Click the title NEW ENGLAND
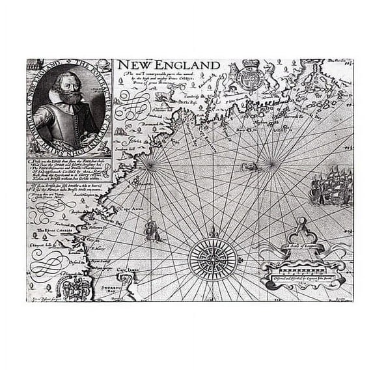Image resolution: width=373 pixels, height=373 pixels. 168,65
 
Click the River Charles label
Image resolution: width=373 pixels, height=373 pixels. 46,230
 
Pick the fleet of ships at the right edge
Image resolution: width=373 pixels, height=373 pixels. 331,187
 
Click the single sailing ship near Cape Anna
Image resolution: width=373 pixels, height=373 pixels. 152,228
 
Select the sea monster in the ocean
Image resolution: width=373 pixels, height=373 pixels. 251,167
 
